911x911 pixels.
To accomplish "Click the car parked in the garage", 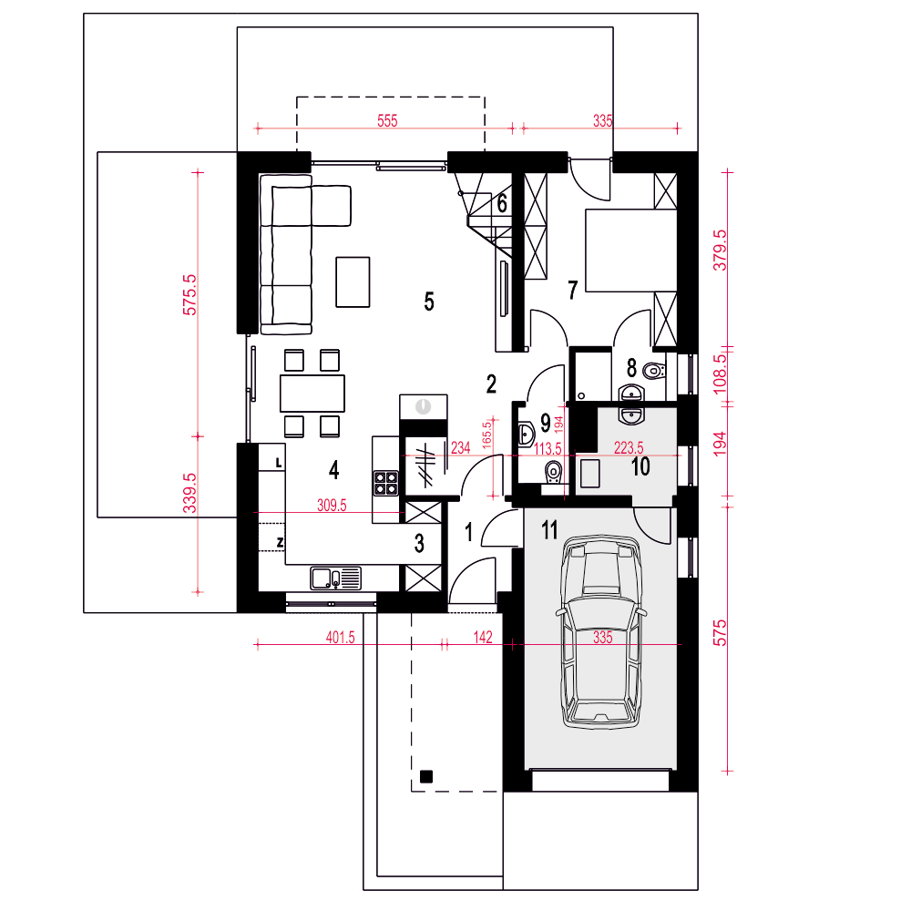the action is [601, 632].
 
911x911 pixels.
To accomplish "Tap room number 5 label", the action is [429, 302].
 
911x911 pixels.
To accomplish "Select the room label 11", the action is [549, 530].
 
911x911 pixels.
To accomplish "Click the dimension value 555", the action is [387, 121].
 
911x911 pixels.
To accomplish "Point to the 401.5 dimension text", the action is [340, 638].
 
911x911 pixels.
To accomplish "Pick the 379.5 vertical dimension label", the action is [720, 250].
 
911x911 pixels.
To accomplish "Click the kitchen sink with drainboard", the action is [336, 578].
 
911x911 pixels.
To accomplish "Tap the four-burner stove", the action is [385, 483].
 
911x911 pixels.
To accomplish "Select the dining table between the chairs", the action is [312, 394].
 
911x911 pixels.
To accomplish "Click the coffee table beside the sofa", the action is [353, 281].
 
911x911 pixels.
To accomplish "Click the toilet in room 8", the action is [655, 370].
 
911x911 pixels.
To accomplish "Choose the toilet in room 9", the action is [554, 471].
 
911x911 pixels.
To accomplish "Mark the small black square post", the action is [425, 776].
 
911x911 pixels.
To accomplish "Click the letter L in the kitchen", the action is [279, 463].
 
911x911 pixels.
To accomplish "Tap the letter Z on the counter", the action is [280, 543].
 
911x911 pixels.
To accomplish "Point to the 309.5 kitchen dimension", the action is [332, 505].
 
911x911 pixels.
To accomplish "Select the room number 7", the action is [572, 290].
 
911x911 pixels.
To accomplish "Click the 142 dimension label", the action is [483, 638].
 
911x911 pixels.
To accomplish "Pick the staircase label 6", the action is [502, 203].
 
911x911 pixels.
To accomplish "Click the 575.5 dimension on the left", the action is [189, 294].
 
